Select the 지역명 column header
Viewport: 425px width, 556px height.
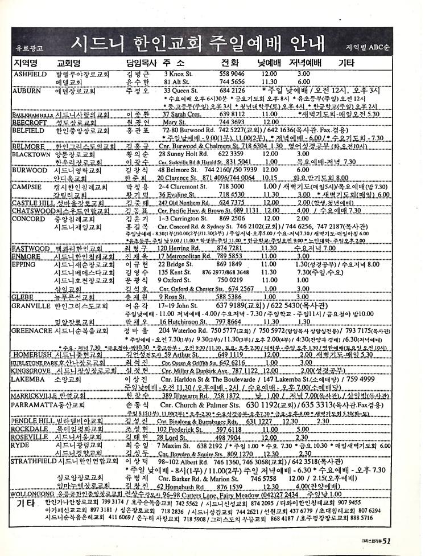[25, 63]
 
